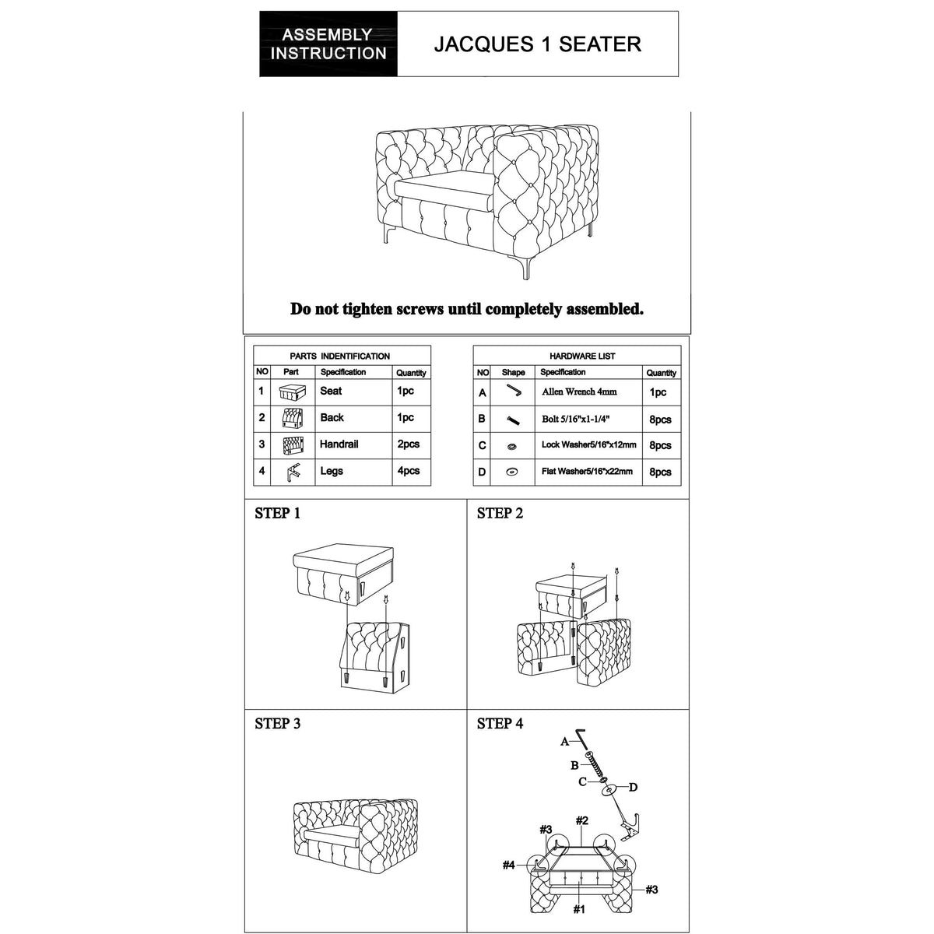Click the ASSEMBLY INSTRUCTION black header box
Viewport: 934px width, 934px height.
pos(328,44)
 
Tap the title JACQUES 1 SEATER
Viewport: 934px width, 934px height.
pos(537,44)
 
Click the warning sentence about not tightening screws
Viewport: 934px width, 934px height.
pos(467,309)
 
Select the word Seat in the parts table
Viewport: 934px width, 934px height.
pos(331,392)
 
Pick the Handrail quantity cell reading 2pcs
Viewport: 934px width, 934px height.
pos(408,444)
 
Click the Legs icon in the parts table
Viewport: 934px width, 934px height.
pos(293,472)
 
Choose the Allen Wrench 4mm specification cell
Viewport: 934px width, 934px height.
pos(579,392)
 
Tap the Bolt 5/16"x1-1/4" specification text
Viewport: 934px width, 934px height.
pos(580,420)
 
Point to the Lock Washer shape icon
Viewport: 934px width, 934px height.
pos(513,446)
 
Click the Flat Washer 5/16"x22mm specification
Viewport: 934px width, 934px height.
pos(587,472)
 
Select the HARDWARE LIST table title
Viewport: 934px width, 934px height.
pos(582,356)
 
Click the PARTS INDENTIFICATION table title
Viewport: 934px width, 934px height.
pos(340,356)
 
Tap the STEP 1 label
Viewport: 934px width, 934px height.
pos(277,514)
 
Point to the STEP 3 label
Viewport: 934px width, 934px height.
pos(277,724)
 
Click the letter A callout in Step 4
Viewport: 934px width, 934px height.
pos(565,742)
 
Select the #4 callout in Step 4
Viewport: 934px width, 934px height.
pos(509,865)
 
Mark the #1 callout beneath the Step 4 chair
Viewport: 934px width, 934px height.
pos(579,909)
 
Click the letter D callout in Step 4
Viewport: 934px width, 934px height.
pos(633,787)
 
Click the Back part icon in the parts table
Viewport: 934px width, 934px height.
pos(292,419)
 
